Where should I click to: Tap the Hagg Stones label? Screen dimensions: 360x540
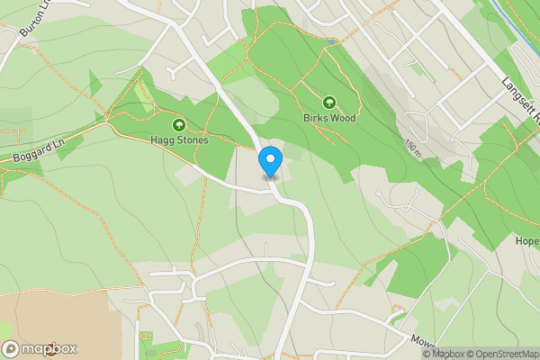tap(180, 140)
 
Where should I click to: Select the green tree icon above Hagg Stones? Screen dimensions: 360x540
tap(179, 125)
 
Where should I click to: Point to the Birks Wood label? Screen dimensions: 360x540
tap(329, 118)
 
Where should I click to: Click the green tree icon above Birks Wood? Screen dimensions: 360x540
tap(329, 103)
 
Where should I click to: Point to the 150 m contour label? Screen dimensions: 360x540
tap(412, 148)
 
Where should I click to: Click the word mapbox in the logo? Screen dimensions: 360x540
tap(49, 349)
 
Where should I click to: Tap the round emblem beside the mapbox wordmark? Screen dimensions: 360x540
tap(11, 349)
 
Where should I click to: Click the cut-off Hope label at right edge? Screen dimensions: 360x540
tap(527, 241)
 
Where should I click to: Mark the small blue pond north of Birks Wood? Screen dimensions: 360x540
tap(331, 41)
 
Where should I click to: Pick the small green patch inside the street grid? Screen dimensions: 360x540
tap(416, 67)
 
